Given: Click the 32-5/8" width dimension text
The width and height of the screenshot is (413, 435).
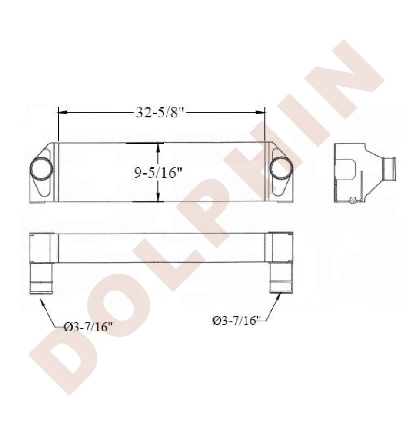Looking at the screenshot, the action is [160, 112].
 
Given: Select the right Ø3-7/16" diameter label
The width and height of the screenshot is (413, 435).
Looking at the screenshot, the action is [237, 321].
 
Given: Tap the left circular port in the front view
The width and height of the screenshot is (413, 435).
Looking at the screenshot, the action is [41, 169].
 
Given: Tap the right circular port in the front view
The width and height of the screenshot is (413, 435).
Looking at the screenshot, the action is [281, 168].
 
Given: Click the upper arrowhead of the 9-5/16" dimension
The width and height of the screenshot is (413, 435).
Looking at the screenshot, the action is [158, 147].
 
